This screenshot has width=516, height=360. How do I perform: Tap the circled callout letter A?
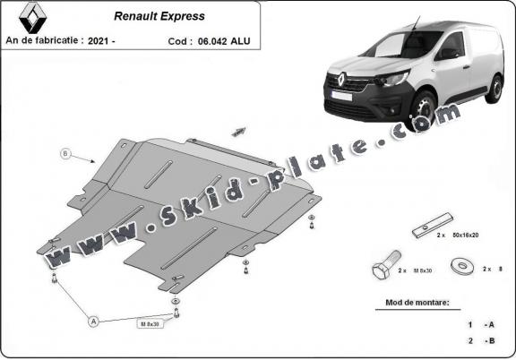(x=93, y=319)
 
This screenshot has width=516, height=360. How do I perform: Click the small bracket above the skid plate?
(x=238, y=132)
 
